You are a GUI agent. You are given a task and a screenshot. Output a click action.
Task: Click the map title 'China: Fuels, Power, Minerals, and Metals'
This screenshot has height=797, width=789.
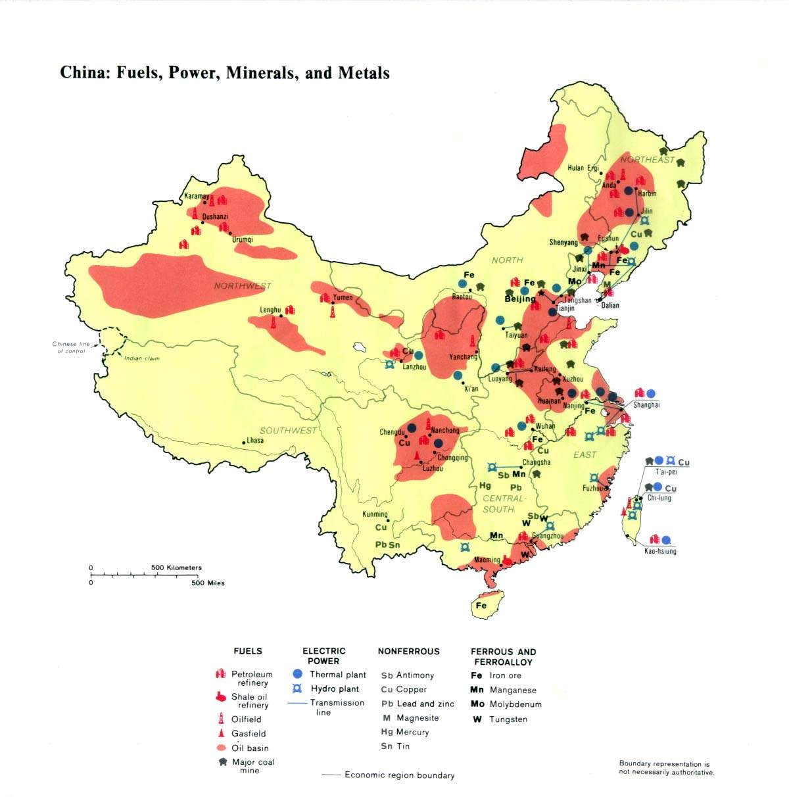coord(225,72)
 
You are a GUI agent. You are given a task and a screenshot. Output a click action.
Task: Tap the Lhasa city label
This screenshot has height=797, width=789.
coord(254,440)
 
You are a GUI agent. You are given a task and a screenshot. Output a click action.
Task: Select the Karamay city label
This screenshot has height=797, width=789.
coord(196,196)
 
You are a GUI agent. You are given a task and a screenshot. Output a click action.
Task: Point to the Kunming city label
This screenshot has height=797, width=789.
coord(375,514)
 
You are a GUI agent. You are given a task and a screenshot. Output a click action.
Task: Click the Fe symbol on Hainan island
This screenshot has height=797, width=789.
coord(481,606)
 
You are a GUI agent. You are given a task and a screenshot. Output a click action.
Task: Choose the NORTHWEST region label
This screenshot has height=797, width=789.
coord(242,286)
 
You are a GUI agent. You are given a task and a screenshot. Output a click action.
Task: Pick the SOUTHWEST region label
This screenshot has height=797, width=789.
coord(288,430)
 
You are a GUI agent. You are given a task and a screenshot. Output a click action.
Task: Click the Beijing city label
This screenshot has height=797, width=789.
coord(519,299)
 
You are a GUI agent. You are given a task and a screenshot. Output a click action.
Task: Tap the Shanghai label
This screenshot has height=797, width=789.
coord(646,405)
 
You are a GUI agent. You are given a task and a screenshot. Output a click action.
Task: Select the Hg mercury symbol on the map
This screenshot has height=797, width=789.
coord(485,486)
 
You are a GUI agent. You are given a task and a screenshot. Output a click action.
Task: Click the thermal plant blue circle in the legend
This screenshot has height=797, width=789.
coord(297,674)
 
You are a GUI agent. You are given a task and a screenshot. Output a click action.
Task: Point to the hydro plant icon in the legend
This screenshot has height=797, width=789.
coord(297,688)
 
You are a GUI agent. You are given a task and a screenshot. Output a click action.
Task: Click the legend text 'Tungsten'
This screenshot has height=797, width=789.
coord(508,719)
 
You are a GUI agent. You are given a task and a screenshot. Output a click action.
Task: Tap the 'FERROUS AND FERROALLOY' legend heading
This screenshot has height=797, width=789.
coord(503,656)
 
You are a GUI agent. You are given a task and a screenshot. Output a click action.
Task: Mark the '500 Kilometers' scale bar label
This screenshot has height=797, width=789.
coord(176,568)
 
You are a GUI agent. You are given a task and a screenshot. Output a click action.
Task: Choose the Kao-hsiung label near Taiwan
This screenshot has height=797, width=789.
coord(660,551)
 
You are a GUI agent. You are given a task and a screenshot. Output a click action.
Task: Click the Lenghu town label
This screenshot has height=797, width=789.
coord(270,310)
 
